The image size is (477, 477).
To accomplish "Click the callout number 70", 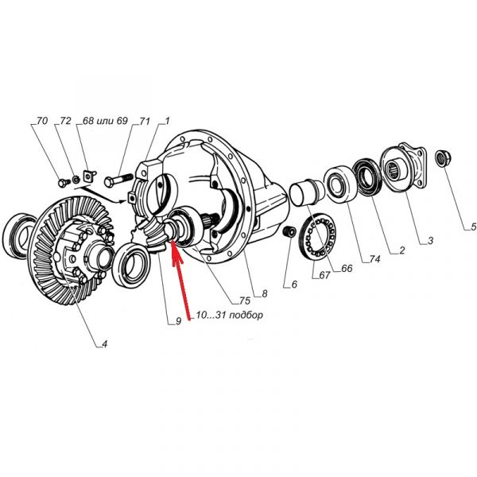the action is coord(42,121).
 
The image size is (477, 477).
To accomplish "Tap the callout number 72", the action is coord(65,121).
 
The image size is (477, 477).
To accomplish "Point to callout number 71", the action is coord(145,121).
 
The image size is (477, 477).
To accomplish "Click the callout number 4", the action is coord(104,344).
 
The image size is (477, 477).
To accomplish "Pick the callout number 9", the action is coord(179,321).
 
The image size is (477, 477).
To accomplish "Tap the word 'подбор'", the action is coord(246,315).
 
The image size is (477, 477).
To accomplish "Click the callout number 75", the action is coord(245,301).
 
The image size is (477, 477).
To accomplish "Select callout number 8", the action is coord(265,293).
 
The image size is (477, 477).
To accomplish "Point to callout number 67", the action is coord(324,275).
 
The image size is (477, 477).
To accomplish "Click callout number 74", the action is coord(375,259).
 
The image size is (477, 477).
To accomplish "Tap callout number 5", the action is coord(473,227).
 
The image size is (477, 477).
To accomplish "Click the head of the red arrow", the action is coord(173,241).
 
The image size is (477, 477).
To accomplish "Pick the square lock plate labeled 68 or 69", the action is coord(88,176).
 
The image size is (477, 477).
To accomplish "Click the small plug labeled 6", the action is coord(289,231).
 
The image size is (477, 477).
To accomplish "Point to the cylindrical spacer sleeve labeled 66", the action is coord(304,192).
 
